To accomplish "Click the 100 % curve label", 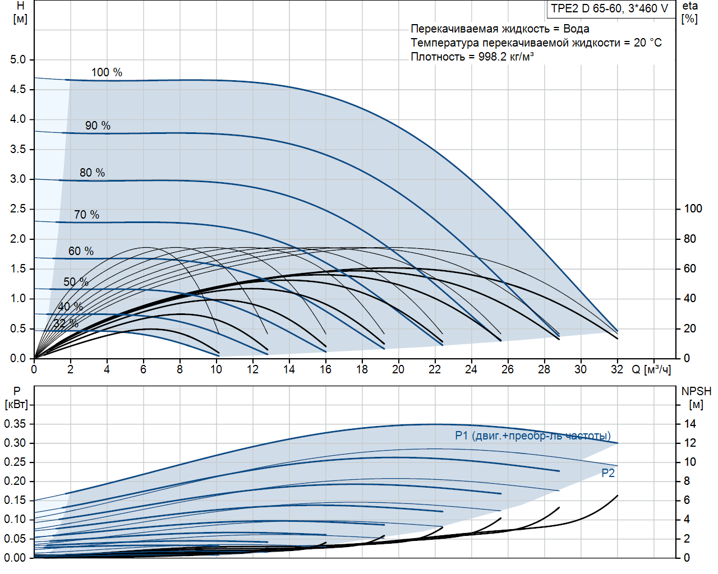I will pyautogui.click(x=107, y=72).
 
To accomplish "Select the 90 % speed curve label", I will pyautogui.click(x=98, y=126).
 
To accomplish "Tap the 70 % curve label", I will pyautogui.click(x=86, y=215).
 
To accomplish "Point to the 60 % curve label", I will pyautogui.click(x=81, y=251).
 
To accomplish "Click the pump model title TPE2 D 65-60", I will pyautogui.click(x=609, y=8).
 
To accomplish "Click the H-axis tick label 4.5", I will pyautogui.click(x=18, y=89).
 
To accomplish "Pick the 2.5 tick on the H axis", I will pyautogui.click(x=18, y=209).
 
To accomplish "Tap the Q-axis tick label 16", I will pyautogui.click(x=325, y=369).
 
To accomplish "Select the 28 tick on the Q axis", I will pyautogui.click(x=544, y=369).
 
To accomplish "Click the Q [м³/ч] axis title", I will pyautogui.click(x=651, y=369).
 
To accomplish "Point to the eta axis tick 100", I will pyautogui.click(x=693, y=209).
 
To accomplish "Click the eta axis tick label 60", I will pyautogui.click(x=689, y=269).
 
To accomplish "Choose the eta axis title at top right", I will pyautogui.click(x=690, y=12).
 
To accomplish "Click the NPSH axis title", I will pyautogui.click(x=696, y=397).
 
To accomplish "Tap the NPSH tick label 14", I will pyautogui.click(x=690, y=424).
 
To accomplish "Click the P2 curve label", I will pyautogui.click(x=608, y=473).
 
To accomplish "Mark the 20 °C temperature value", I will pyautogui.click(x=648, y=43).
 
